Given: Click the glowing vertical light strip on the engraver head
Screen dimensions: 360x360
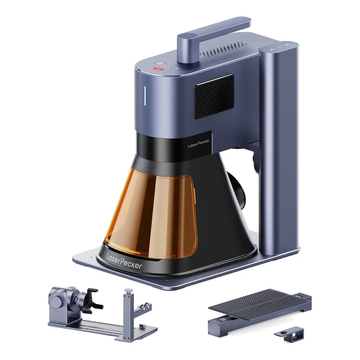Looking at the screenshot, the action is click(x=145, y=96).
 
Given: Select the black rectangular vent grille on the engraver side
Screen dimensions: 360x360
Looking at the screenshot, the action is click(x=214, y=96).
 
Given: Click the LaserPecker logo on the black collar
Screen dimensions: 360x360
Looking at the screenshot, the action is click(x=199, y=144).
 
